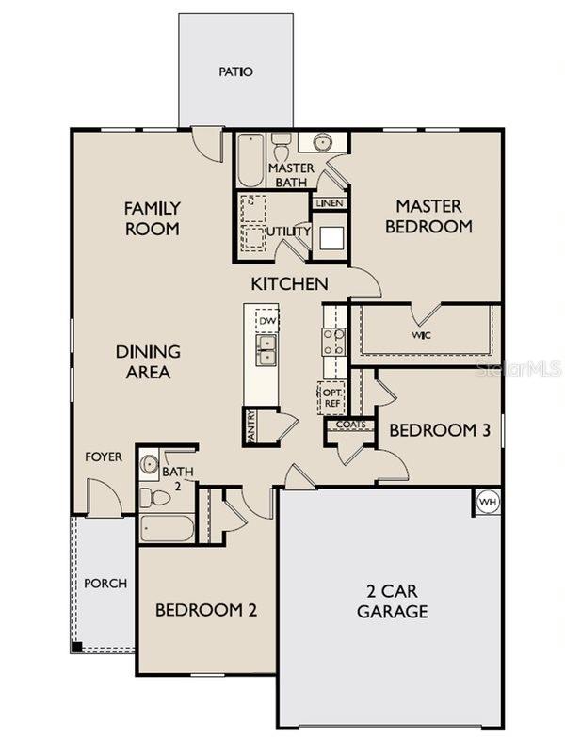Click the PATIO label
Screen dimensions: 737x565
click(x=236, y=72)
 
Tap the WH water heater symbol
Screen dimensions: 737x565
click(x=487, y=501)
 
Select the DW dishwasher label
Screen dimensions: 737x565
click(x=268, y=321)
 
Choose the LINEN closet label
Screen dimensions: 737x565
click(x=330, y=203)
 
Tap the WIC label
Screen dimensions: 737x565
click(x=421, y=334)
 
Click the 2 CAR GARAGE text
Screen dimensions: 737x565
click(x=392, y=601)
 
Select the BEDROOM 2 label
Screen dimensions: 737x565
click(x=206, y=609)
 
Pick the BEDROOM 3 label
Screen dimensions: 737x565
click(x=440, y=430)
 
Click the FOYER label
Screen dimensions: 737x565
click(x=104, y=457)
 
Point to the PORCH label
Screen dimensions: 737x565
click(x=105, y=584)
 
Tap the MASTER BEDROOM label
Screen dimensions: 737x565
click(x=428, y=216)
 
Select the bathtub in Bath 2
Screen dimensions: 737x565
click(x=167, y=527)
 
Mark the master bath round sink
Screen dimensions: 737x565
click(x=321, y=143)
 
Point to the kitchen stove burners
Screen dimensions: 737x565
click(x=333, y=341)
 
